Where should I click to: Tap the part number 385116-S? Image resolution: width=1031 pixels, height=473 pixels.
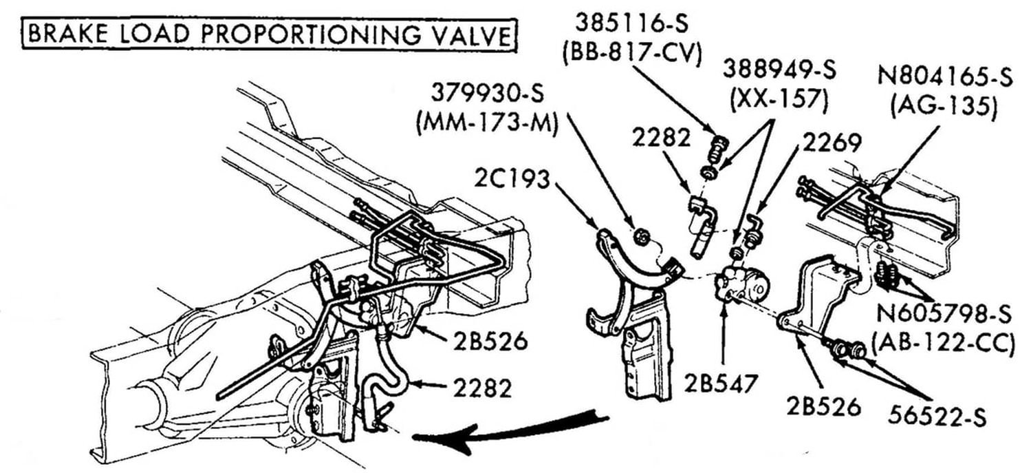(631, 25)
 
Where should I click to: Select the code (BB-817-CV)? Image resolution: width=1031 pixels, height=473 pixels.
(631, 54)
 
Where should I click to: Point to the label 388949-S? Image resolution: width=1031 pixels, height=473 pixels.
(779, 70)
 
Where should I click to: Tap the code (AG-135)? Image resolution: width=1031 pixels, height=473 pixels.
(943, 106)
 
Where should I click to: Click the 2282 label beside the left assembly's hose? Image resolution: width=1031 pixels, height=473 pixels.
(481, 388)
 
